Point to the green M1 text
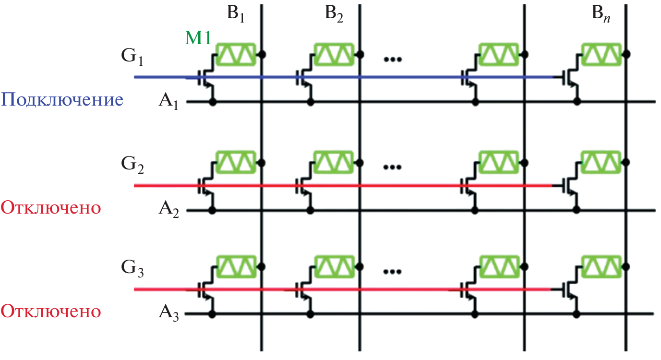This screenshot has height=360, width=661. coord(198,38)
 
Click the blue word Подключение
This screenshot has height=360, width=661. coord(62,100)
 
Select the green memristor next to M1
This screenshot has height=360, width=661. coord(236,54)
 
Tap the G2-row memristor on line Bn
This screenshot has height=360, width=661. coord(601,163)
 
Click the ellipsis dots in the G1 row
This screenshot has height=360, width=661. coord(392,60)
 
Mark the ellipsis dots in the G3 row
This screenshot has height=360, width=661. coord(392,272)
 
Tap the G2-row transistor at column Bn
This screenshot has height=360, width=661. coord(569,185)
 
